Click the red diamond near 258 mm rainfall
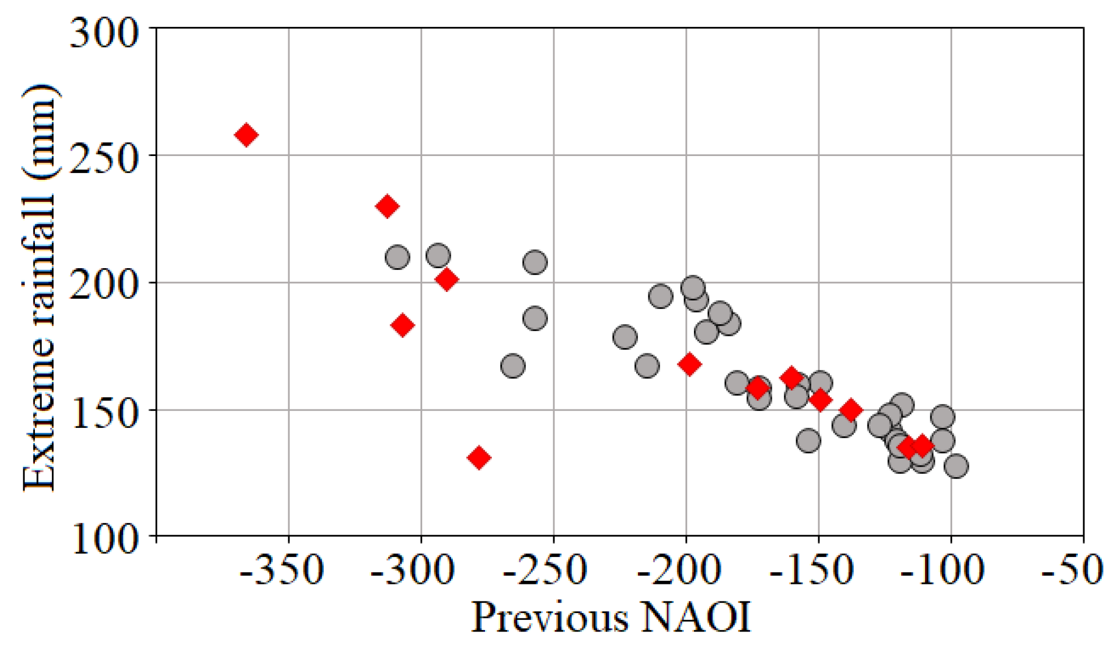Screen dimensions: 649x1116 click(x=246, y=135)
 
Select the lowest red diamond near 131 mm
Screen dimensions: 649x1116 click(x=479, y=458)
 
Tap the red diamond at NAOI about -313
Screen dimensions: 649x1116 click(x=387, y=206)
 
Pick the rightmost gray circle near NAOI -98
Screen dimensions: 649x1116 click(x=956, y=466)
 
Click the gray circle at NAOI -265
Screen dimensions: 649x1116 click(x=513, y=366)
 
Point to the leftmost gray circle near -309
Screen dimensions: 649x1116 click(x=397, y=258)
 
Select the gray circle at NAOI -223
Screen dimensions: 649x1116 click(x=625, y=337)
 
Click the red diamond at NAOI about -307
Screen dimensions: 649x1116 click(x=403, y=325)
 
